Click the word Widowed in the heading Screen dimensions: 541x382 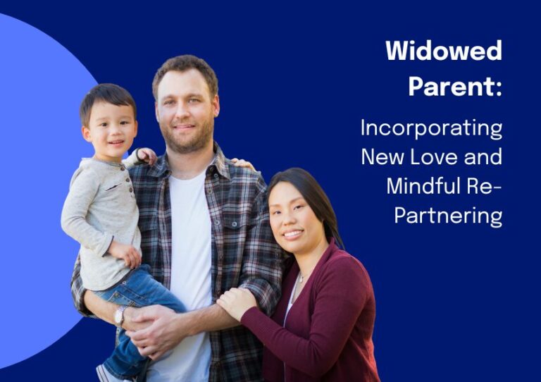[444, 50]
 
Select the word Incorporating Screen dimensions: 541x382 [431, 129]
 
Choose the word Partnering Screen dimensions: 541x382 [448, 216]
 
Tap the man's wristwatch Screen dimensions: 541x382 [120, 316]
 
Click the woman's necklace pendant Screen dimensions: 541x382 [301, 278]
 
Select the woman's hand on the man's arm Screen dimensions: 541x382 [237, 302]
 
